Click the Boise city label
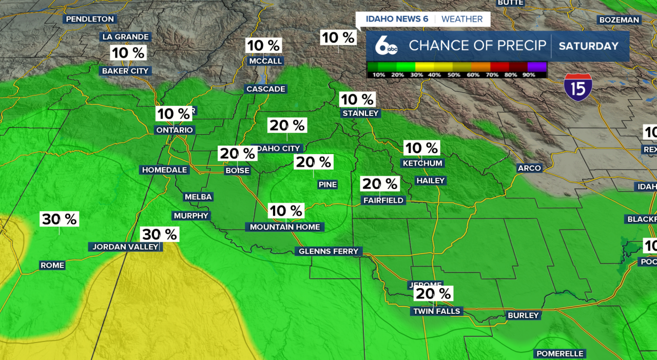237,170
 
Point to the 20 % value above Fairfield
380,184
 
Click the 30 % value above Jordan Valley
160,235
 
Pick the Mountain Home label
285,227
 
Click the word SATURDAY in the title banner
589,46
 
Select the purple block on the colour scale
537,66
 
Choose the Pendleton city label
90,19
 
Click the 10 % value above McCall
264,46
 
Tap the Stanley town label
360,113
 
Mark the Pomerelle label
560,354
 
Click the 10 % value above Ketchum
421,148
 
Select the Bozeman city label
619,20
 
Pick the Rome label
52,266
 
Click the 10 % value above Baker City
128,53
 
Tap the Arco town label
529,168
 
